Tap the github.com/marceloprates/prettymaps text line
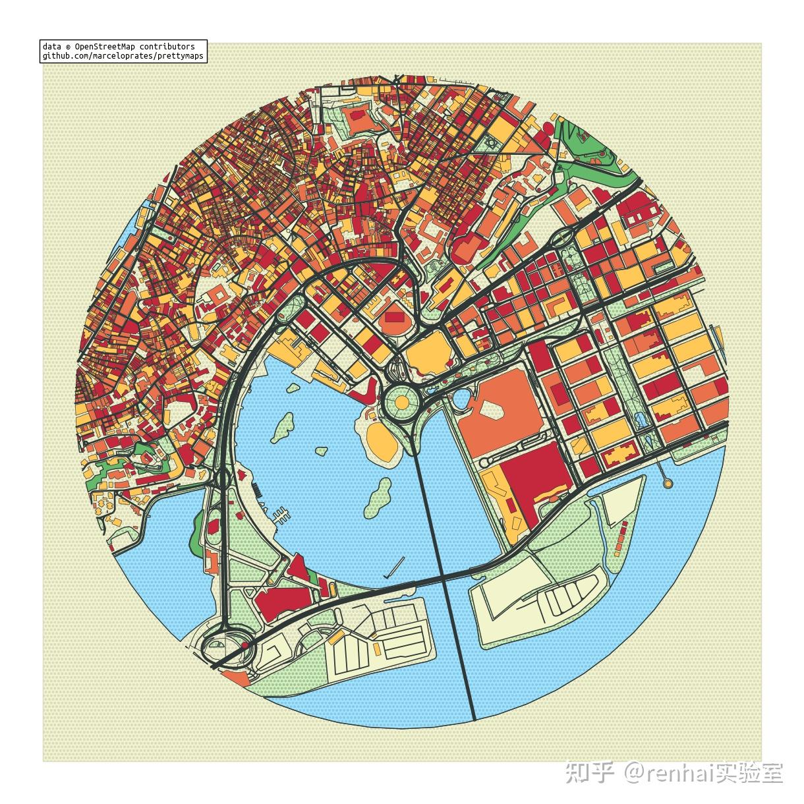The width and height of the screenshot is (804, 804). click(x=123, y=57)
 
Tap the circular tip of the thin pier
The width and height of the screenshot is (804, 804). click(x=668, y=484)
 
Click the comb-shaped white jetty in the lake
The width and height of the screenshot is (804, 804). click(x=281, y=514)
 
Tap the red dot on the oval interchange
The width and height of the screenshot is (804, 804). click(x=245, y=645)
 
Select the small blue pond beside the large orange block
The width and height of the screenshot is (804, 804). click(x=461, y=399)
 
